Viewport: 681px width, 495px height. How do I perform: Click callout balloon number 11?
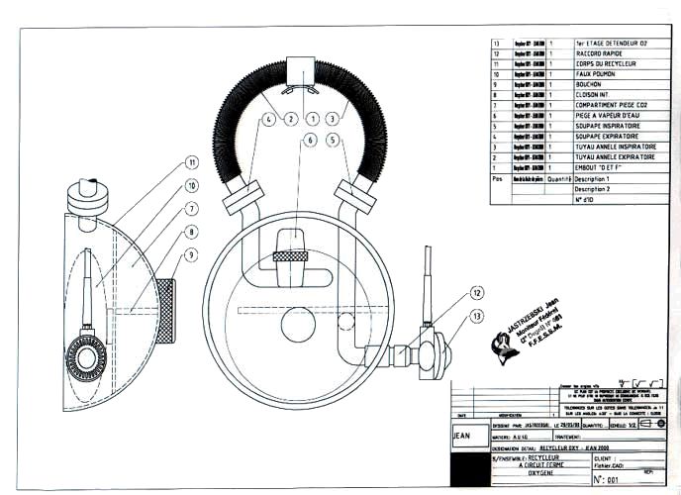click(192, 162)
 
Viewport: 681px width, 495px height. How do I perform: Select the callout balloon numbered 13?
click(480, 315)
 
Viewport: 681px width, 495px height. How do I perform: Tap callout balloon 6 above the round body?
click(310, 141)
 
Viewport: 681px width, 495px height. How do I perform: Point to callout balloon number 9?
click(192, 255)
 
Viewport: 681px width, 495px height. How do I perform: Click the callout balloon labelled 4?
click(269, 119)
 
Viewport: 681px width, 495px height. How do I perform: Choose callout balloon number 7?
click(192, 209)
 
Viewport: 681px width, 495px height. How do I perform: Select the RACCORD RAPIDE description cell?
click(603, 52)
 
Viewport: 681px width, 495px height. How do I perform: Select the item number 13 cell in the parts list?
click(497, 43)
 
